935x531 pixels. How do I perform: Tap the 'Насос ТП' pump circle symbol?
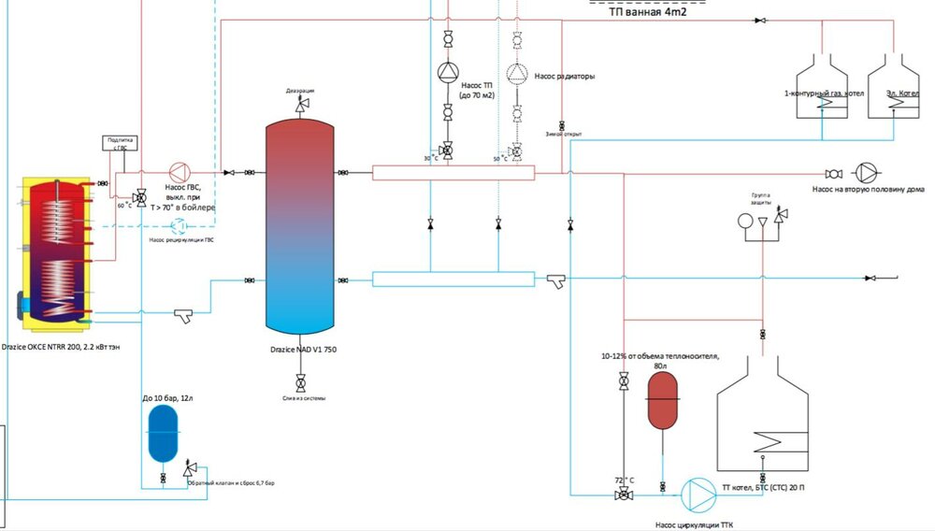447,73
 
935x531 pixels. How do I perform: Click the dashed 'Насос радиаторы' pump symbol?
516,73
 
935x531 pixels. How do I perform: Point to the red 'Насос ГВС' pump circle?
178,172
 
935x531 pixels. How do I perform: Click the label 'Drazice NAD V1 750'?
302,348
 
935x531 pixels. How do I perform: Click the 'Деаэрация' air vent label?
300,91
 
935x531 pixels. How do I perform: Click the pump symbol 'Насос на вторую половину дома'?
869,173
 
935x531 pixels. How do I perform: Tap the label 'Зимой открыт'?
563,135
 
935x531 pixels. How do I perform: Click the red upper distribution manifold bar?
453,172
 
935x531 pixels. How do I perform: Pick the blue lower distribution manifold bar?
453,279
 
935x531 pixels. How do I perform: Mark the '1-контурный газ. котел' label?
824,93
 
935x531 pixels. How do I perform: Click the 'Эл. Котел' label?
888,93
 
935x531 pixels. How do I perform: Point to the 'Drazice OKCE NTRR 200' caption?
64,347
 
